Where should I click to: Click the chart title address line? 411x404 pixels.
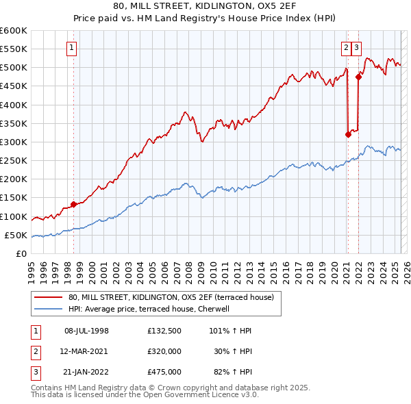click(206, 6)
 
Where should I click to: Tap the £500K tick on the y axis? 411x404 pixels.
click(14, 68)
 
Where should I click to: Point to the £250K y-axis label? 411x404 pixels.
click(14, 161)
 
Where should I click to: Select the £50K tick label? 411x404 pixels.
click(16, 236)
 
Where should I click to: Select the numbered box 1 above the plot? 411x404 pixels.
click(72, 48)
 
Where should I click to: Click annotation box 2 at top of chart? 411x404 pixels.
click(347, 48)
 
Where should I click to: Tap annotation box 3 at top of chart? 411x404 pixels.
click(358, 48)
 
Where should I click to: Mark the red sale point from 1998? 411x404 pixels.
click(73, 204)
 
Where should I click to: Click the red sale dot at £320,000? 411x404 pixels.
click(348, 134)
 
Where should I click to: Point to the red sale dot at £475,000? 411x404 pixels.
click(358, 77)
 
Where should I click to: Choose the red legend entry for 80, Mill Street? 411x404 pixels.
click(171, 297)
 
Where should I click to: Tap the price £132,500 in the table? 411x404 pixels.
click(164, 331)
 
